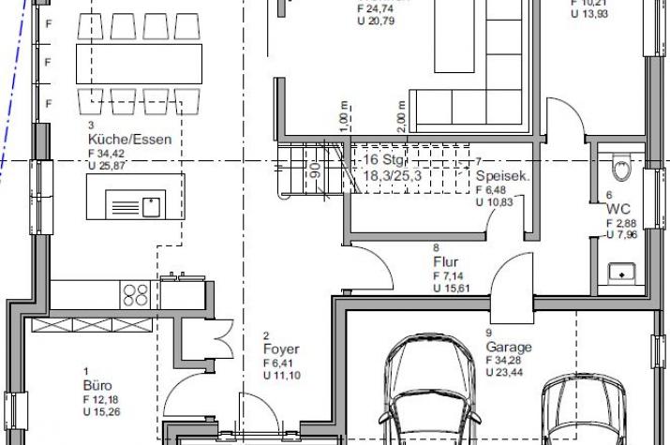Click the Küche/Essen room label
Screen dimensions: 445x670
pyautogui.click(x=113, y=138)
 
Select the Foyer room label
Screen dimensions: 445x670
pyautogui.click(x=281, y=349)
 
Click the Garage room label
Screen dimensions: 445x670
pyautogui.click(x=508, y=346)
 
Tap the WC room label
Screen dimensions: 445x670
pyautogui.click(x=618, y=209)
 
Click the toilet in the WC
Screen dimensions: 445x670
pyautogui.click(x=620, y=169)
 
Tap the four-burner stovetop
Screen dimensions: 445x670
pyautogui.click(x=136, y=294)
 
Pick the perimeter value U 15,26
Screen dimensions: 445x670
pyautogui.click(x=105, y=412)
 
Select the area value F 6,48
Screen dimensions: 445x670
pyautogui.click(x=493, y=189)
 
